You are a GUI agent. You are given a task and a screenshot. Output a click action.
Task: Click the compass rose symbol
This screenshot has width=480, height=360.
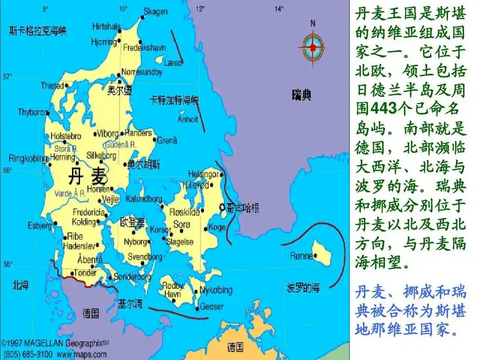[313, 47]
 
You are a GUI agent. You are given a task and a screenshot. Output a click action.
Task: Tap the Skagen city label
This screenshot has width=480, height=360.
[156, 12]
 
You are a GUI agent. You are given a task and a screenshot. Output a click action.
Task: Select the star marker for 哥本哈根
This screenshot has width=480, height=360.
[222, 207]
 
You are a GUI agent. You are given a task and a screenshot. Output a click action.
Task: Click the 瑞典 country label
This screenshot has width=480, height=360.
[301, 95]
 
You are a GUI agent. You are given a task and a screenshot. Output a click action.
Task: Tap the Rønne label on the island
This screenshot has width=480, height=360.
[301, 256]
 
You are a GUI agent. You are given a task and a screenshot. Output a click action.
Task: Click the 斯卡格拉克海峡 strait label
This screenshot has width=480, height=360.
[38, 31]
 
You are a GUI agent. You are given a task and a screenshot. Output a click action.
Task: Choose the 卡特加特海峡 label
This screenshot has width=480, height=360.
[174, 100]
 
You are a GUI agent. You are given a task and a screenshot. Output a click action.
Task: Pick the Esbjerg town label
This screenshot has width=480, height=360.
[40, 225]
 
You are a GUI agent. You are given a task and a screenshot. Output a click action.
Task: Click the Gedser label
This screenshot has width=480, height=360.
[211, 306]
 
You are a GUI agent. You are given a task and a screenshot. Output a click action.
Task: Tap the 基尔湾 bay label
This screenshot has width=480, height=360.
[130, 304]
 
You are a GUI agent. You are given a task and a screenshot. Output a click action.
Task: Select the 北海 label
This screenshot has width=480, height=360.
[21, 285]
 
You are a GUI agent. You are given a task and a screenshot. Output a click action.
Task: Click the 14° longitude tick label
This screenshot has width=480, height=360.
[279, 8]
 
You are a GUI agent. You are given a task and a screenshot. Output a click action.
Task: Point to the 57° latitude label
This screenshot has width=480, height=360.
[8, 76]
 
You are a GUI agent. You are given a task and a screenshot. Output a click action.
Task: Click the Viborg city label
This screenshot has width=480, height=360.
[108, 134]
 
